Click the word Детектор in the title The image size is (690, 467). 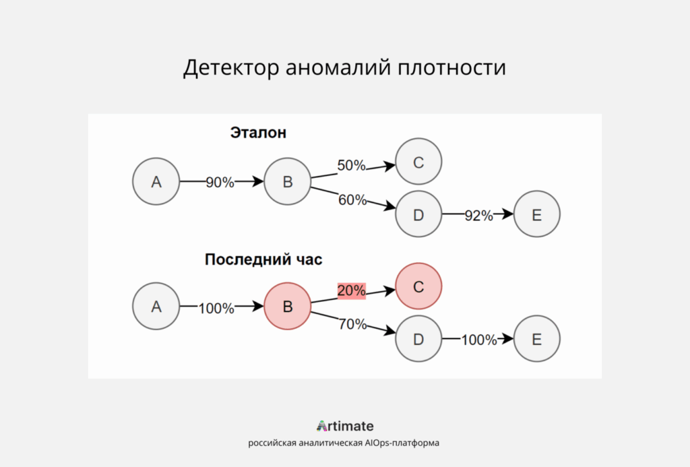(230, 69)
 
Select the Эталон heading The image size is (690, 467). (258, 133)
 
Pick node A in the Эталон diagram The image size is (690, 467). (156, 181)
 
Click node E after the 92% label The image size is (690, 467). (536, 215)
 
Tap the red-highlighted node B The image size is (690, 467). (287, 307)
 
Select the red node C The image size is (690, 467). (418, 286)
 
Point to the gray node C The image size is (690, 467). (418, 162)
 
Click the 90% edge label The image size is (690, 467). (220, 182)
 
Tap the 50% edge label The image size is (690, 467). (351, 165)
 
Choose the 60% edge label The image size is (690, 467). (352, 199)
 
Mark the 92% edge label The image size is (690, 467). (478, 216)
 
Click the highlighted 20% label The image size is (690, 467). (351, 290)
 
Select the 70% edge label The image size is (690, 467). (352, 324)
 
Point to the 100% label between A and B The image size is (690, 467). (216, 309)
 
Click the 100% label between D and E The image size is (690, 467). (478, 340)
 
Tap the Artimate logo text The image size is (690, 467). (345, 426)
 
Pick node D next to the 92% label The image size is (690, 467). (418, 215)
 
